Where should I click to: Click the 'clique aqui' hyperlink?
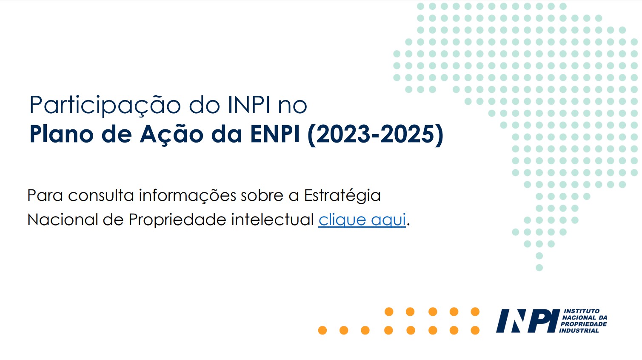coord(362,220)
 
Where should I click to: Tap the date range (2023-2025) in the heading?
coord(375,134)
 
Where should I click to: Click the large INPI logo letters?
coord(527,321)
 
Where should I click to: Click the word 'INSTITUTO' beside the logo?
coord(581,311)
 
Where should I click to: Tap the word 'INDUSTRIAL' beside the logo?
coord(579,331)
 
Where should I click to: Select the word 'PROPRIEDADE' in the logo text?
coord(584,324)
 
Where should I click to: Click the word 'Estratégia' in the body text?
coord(342,196)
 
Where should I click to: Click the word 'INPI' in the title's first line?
coord(249,105)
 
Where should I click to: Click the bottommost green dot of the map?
coord(539,268)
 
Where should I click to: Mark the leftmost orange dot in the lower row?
coord(322,330)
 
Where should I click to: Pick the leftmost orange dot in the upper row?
coord(389,312)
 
